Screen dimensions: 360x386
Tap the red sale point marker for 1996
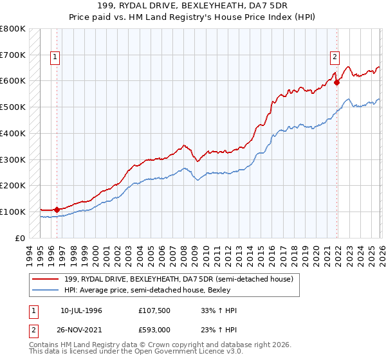(57, 209)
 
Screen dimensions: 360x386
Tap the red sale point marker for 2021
(336, 82)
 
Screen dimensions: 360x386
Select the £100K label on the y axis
(13, 212)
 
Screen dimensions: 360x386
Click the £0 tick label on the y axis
(19, 238)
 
